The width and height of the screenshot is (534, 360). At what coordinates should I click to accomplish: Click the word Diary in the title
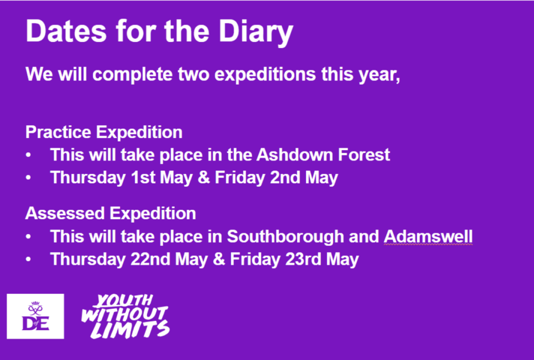(256, 32)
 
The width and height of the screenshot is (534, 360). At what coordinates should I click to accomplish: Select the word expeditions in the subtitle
(265, 75)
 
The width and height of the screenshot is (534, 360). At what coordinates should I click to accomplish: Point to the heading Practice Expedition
(104, 133)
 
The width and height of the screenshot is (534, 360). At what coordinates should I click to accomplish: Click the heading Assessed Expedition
(111, 213)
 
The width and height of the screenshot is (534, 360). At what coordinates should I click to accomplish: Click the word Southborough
(285, 237)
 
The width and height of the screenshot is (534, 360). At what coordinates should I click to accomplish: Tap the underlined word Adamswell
(428, 236)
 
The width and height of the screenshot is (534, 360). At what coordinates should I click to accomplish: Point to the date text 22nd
(150, 259)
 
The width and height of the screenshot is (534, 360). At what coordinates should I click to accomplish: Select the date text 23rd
(303, 259)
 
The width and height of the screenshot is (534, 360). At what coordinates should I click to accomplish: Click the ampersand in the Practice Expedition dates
(204, 177)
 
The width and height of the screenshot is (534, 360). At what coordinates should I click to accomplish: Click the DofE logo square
(35, 316)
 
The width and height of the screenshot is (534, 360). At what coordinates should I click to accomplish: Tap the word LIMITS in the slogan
(130, 329)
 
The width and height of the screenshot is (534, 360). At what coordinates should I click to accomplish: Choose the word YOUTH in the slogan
(124, 301)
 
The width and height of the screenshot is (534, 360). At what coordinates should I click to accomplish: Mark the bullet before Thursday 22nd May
(28, 259)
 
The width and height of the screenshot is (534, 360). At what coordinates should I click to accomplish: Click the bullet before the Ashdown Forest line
(28, 155)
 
